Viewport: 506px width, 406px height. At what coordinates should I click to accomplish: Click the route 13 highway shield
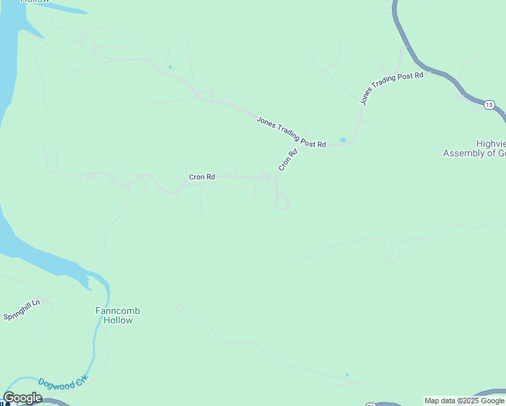point(489,104)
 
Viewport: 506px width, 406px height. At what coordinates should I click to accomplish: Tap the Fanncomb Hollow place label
point(118,315)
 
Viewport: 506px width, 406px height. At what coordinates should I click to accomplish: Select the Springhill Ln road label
point(22,311)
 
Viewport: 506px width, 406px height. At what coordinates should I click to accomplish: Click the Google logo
point(22,398)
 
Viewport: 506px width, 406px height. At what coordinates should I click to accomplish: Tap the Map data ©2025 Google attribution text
point(465,401)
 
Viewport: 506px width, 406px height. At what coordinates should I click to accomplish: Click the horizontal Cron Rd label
point(202,177)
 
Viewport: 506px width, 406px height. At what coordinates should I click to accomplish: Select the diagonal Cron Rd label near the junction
point(287,160)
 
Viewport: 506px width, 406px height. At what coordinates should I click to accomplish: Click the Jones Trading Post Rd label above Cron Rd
point(291,132)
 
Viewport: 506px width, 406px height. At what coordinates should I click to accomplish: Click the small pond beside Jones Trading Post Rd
point(343,140)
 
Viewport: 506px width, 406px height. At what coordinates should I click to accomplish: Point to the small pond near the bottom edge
point(347,374)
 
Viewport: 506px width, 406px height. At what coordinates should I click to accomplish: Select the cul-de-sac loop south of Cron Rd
point(283,202)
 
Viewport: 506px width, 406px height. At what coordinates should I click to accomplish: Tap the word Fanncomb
point(118,311)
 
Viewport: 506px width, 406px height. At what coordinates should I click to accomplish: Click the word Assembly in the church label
point(459,154)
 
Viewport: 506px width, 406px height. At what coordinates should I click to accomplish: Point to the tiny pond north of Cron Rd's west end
point(170,66)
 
